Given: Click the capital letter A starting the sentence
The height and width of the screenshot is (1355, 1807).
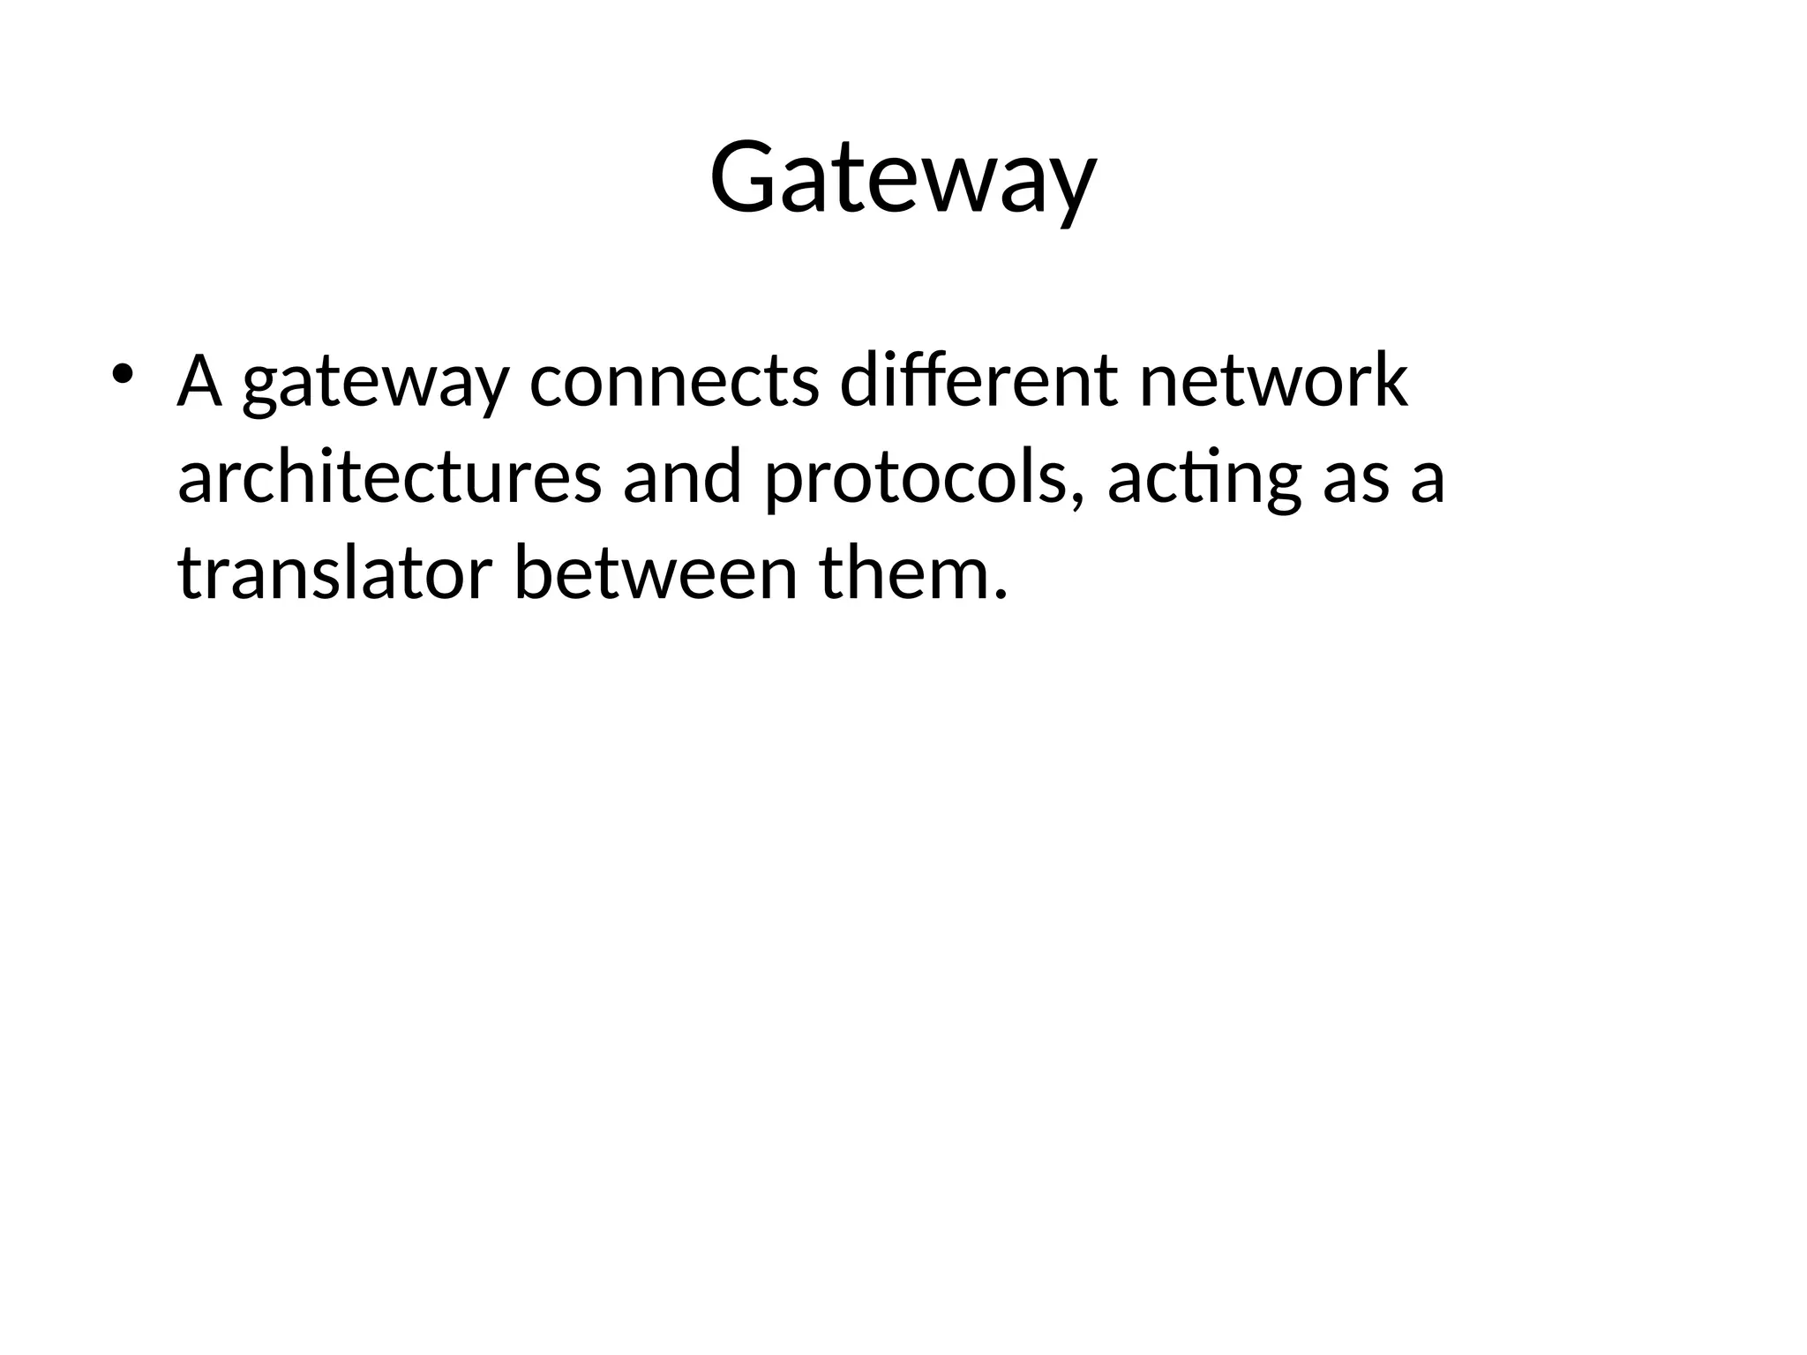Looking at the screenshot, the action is click(x=199, y=381).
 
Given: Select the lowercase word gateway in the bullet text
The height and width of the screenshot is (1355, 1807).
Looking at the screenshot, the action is click(x=375, y=385).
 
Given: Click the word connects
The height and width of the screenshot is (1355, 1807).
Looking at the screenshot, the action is click(x=674, y=381).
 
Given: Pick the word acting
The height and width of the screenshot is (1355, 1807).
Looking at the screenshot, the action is click(x=1203, y=481).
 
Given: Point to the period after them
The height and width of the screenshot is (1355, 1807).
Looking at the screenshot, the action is click(x=999, y=594).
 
